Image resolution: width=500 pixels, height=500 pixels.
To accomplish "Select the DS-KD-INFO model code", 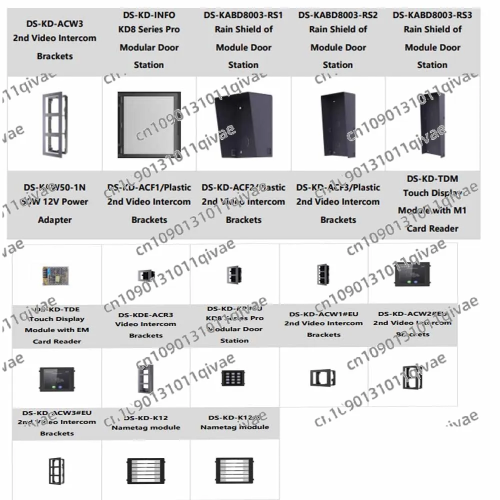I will click(x=149, y=15).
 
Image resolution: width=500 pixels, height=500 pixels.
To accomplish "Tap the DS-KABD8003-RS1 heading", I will click(x=243, y=15).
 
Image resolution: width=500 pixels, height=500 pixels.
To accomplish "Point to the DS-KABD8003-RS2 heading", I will click(x=338, y=15).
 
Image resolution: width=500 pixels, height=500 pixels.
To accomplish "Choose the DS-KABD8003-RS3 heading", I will click(x=432, y=15).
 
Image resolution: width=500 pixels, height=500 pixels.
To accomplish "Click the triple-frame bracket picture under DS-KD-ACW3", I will click(x=54, y=123).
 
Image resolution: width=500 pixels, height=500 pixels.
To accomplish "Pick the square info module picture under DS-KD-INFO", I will click(x=148, y=123).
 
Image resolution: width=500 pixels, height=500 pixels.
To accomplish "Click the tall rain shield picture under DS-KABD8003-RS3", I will click(x=432, y=123).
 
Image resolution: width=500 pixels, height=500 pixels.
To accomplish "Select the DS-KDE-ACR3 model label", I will click(x=146, y=315).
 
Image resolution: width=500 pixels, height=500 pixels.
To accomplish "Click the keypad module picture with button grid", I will click(x=234, y=377).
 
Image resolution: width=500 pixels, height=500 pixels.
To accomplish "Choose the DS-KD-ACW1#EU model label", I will click(x=323, y=313).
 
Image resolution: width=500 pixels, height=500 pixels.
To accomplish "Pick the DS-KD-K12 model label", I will click(x=146, y=417).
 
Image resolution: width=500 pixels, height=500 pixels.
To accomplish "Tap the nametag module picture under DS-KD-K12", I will click(x=145, y=470).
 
